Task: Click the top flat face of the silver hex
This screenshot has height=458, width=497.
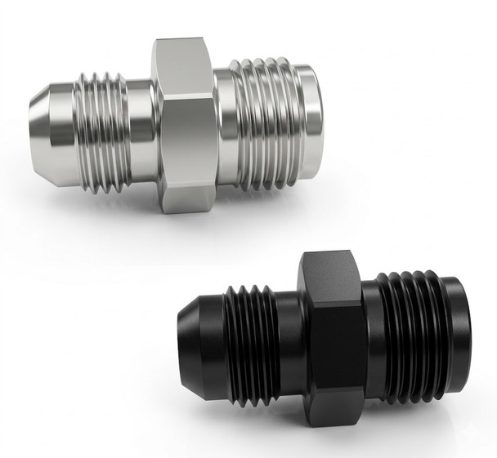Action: (x=186, y=61)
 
